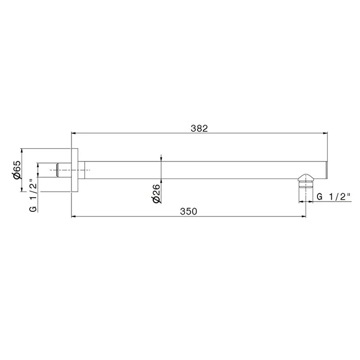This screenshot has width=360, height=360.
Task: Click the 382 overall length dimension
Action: point(199,129)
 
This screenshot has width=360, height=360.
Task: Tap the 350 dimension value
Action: point(189,211)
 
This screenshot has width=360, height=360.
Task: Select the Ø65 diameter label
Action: point(17,170)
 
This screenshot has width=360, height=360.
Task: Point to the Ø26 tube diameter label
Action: point(156,193)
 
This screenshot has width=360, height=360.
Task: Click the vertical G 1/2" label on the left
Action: point(33,195)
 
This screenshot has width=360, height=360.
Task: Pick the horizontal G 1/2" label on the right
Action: point(334,197)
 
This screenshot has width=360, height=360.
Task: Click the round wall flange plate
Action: point(75,170)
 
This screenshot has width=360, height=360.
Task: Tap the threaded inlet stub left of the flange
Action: point(64,170)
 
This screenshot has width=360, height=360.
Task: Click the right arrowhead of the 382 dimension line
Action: point(325,133)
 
